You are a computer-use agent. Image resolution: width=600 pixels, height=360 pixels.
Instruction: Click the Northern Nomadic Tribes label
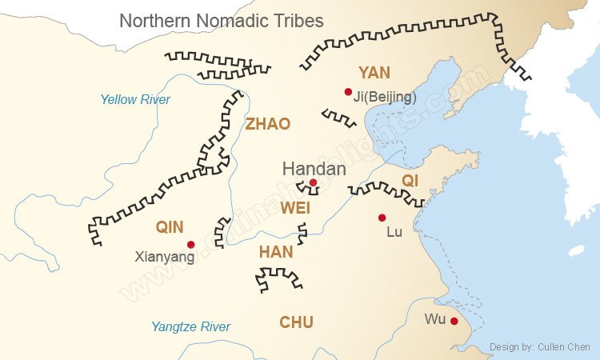222,21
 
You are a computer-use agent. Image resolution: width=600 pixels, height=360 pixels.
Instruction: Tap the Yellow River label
135,100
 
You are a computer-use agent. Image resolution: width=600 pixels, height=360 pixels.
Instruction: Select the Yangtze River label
190,326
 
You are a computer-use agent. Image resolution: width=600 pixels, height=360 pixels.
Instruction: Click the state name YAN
374,73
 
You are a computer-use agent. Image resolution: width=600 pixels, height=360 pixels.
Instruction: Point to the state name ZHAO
268,124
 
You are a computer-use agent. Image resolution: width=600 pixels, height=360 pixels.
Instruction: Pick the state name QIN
170,227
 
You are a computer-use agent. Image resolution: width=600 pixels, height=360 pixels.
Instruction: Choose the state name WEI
295,208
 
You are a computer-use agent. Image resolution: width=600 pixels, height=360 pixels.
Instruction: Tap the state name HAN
276,252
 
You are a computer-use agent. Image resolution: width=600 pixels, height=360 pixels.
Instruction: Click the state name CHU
296,322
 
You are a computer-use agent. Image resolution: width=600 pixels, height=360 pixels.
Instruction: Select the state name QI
410,181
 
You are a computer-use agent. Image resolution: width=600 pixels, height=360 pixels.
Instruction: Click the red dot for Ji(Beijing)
348,92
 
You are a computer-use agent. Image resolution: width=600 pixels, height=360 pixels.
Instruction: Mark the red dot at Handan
313,182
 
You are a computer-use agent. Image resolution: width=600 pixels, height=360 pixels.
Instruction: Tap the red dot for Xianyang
190,245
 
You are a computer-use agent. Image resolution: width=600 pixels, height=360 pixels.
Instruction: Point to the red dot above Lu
382,218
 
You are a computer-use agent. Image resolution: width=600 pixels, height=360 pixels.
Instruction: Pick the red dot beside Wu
454,321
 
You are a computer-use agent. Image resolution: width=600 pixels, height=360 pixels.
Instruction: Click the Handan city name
314,169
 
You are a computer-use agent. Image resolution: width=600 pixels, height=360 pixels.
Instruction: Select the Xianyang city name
165,258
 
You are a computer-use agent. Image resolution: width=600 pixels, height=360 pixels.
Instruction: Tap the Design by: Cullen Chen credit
540,347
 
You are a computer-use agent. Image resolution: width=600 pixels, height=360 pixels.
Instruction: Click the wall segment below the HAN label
278,279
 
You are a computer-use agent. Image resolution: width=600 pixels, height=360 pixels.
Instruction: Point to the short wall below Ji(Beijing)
339,118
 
